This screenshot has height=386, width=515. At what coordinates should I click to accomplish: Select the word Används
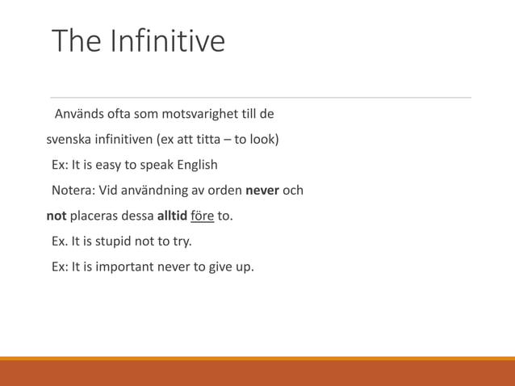tap(78, 113)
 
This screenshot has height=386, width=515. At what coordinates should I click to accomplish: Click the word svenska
tap(69, 140)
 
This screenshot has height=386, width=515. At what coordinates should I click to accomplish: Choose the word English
tap(192, 166)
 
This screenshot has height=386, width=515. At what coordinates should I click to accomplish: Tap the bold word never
tap(262, 191)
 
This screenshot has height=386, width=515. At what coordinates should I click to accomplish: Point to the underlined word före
tap(202, 216)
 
